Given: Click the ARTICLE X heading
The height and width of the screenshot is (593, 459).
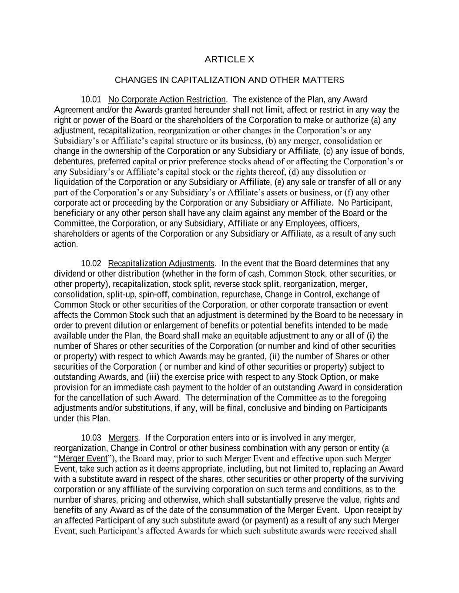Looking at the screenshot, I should tap(229, 60).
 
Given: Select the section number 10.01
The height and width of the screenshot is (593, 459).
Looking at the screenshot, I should tap(91, 100).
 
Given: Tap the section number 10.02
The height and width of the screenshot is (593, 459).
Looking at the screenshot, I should tap(91, 264).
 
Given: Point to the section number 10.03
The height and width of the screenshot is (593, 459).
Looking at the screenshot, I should tap(91, 438).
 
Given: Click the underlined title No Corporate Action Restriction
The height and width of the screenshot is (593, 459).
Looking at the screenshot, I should tap(167, 100).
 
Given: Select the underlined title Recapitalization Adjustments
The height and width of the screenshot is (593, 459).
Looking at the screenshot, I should tap(161, 264).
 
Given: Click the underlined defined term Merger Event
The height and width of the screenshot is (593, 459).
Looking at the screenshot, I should tap(83, 459).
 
